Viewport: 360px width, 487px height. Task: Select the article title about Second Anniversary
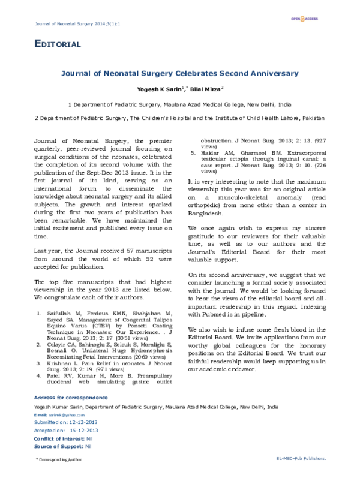(180, 74)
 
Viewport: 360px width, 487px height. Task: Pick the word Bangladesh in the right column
(206, 212)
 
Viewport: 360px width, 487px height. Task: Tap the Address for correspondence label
(71, 398)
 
